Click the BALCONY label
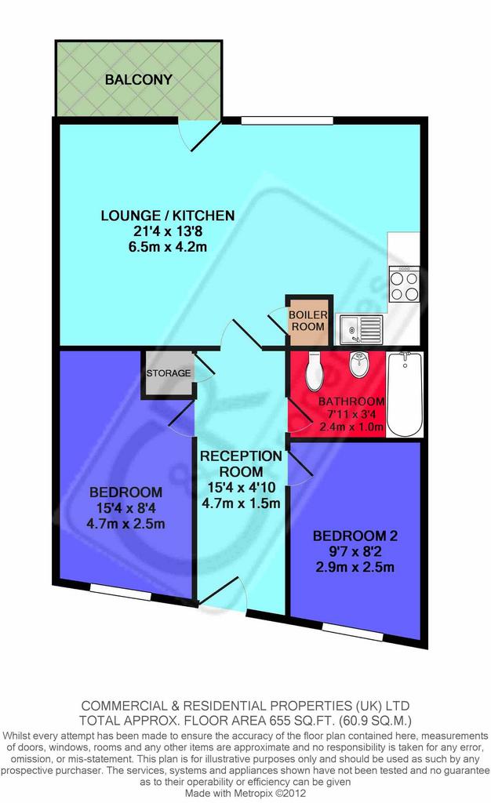point(138,80)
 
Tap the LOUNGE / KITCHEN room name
point(167,216)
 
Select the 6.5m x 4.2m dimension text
point(167,247)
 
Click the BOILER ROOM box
point(307,321)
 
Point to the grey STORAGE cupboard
point(168,373)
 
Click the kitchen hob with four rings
point(405,284)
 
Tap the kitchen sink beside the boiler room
point(361,329)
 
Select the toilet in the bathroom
point(314,371)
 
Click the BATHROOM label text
point(351,401)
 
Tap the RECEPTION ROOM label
point(241,464)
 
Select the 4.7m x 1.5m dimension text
point(241,503)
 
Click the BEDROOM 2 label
point(355,536)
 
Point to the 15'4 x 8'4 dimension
point(126,508)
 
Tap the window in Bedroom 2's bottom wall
point(353,630)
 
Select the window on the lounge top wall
point(287,121)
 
